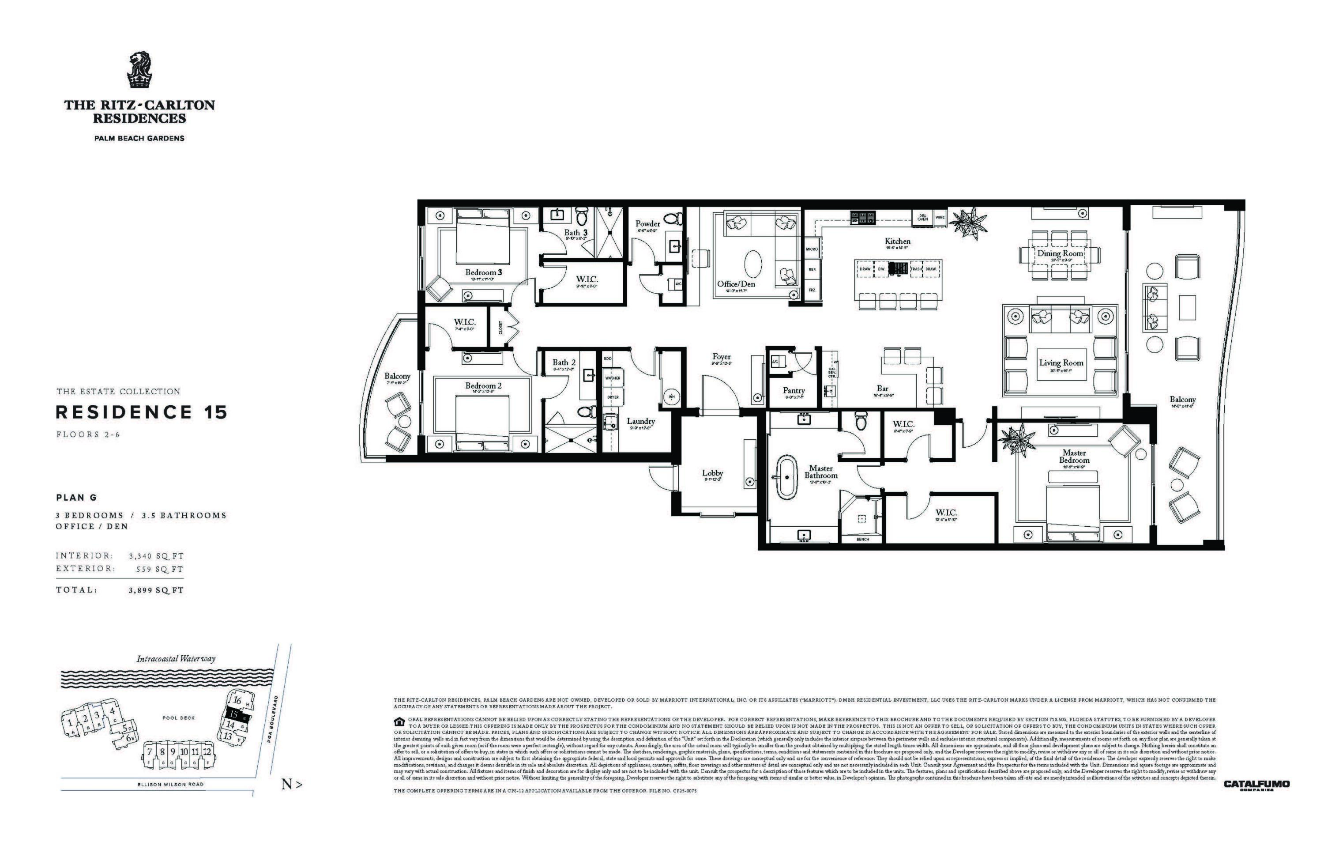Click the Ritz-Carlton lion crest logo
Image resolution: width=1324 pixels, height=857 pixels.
tap(139, 71)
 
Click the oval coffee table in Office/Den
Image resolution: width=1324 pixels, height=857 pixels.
tap(753, 263)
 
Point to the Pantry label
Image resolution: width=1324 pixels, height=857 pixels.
tap(793, 391)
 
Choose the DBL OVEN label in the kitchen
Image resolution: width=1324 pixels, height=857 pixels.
tap(922, 218)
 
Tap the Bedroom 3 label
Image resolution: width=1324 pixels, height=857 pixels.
tap(483, 272)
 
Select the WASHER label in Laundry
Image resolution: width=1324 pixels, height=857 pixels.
tap(613, 378)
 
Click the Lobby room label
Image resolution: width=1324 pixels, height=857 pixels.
tap(712, 473)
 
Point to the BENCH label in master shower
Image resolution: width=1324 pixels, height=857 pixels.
tap(862, 539)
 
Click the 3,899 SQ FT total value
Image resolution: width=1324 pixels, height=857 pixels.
tap(156, 590)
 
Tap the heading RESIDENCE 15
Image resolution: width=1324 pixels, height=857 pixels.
tap(141, 412)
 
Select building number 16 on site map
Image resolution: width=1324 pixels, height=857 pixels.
tap(237, 701)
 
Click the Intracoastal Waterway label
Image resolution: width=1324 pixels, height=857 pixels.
tap(176, 659)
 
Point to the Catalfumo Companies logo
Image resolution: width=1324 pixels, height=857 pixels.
tap(1256, 785)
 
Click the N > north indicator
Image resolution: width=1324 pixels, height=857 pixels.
tap(291, 785)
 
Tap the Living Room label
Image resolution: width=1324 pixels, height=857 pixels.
tap(1061, 363)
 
